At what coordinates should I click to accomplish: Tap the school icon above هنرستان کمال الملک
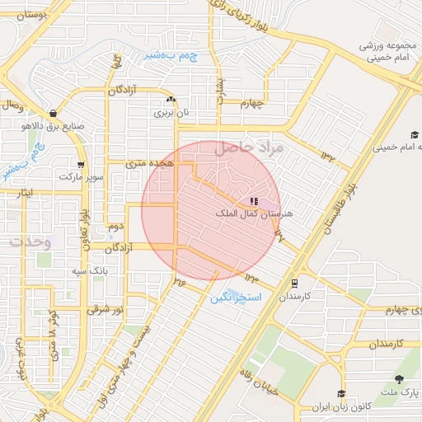(x=254, y=201)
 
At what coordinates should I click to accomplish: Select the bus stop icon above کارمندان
(x=294, y=282)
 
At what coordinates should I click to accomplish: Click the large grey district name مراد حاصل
(x=250, y=149)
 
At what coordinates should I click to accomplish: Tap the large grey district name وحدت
(x=30, y=243)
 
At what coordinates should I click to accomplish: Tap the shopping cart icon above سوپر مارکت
(x=80, y=163)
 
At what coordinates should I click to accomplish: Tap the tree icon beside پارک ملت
(x=400, y=379)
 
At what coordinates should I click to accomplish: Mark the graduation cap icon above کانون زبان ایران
(x=340, y=393)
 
